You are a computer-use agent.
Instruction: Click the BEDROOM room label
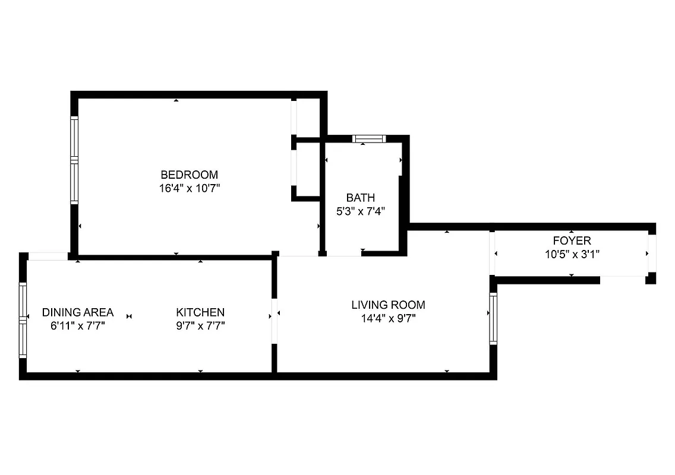(x=189, y=175)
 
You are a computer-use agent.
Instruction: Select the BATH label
(x=361, y=198)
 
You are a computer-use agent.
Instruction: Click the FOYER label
(x=572, y=240)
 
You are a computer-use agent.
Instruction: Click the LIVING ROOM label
(x=388, y=305)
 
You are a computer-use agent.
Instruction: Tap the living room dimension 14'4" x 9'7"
(x=388, y=319)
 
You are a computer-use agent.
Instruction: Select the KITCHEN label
(x=200, y=312)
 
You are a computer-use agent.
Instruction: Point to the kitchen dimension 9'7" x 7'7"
(x=200, y=325)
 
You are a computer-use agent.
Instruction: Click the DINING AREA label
(x=78, y=312)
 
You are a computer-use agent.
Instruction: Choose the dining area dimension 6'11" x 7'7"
(x=78, y=325)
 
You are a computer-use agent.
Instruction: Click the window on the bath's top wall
(x=369, y=139)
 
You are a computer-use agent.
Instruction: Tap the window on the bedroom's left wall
(x=74, y=160)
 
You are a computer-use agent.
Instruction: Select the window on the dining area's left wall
(x=23, y=319)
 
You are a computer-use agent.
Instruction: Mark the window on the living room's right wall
(x=493, y=318)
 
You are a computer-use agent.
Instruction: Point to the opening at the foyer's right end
(x=652, y=254)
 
